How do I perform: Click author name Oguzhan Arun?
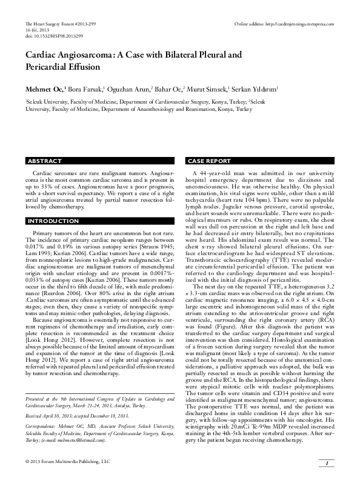point(131,87)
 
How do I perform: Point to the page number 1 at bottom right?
point(327,463)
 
